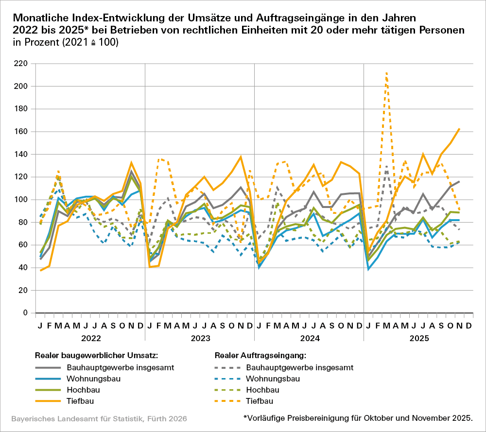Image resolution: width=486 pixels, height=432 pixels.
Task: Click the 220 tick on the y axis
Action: pyautogui.click(x=21, y=64)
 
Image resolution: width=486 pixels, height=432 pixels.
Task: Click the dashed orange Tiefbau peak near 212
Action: pyautogui.click(x=386, y=73)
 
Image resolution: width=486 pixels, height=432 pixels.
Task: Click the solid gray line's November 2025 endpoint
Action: pyautogui.click(x=459, y=181)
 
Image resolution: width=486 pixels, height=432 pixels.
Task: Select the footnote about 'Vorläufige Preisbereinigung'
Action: pyautogui.click(x=358, y=418)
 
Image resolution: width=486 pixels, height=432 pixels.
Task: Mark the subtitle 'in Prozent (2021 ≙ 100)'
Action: pyautogui.click(x=66, y=42)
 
